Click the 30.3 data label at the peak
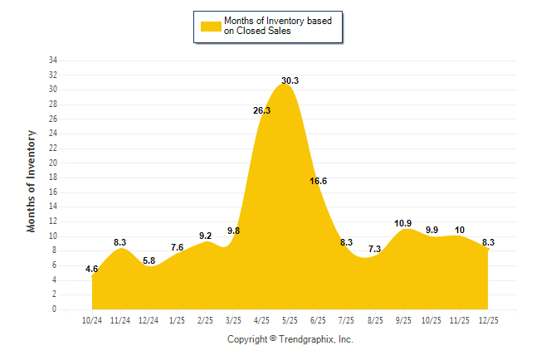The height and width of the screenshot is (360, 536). click(x=290, y=80)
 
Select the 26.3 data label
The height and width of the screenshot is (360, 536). click(x=261, y=110)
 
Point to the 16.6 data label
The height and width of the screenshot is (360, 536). click(x=318, y=181)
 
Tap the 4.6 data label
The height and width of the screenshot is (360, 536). click(x=92, y=269)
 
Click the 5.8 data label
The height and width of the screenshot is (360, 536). click(x=149, y=260)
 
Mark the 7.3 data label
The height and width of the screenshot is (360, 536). click(x=374, y=249)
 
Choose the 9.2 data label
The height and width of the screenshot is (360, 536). click(x=205, y=236)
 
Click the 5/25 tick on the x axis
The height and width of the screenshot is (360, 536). click(x=290, y=320)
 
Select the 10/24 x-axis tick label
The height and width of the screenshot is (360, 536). click(x=93, y=320)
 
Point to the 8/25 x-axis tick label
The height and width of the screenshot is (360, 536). click(x=375, y=320)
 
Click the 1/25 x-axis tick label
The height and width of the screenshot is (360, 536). click(x=178, y=320)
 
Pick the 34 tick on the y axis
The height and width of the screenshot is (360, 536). click(x=52, y=61)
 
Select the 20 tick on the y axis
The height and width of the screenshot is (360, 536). click(x=52, y=163)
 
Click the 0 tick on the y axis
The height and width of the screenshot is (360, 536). click(x=55, y=309)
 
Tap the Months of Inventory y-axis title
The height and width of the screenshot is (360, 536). click(x=32, y=180)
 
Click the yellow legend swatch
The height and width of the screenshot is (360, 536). click(x=211, y=26)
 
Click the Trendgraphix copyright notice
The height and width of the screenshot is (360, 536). click(x=290, y=339)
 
